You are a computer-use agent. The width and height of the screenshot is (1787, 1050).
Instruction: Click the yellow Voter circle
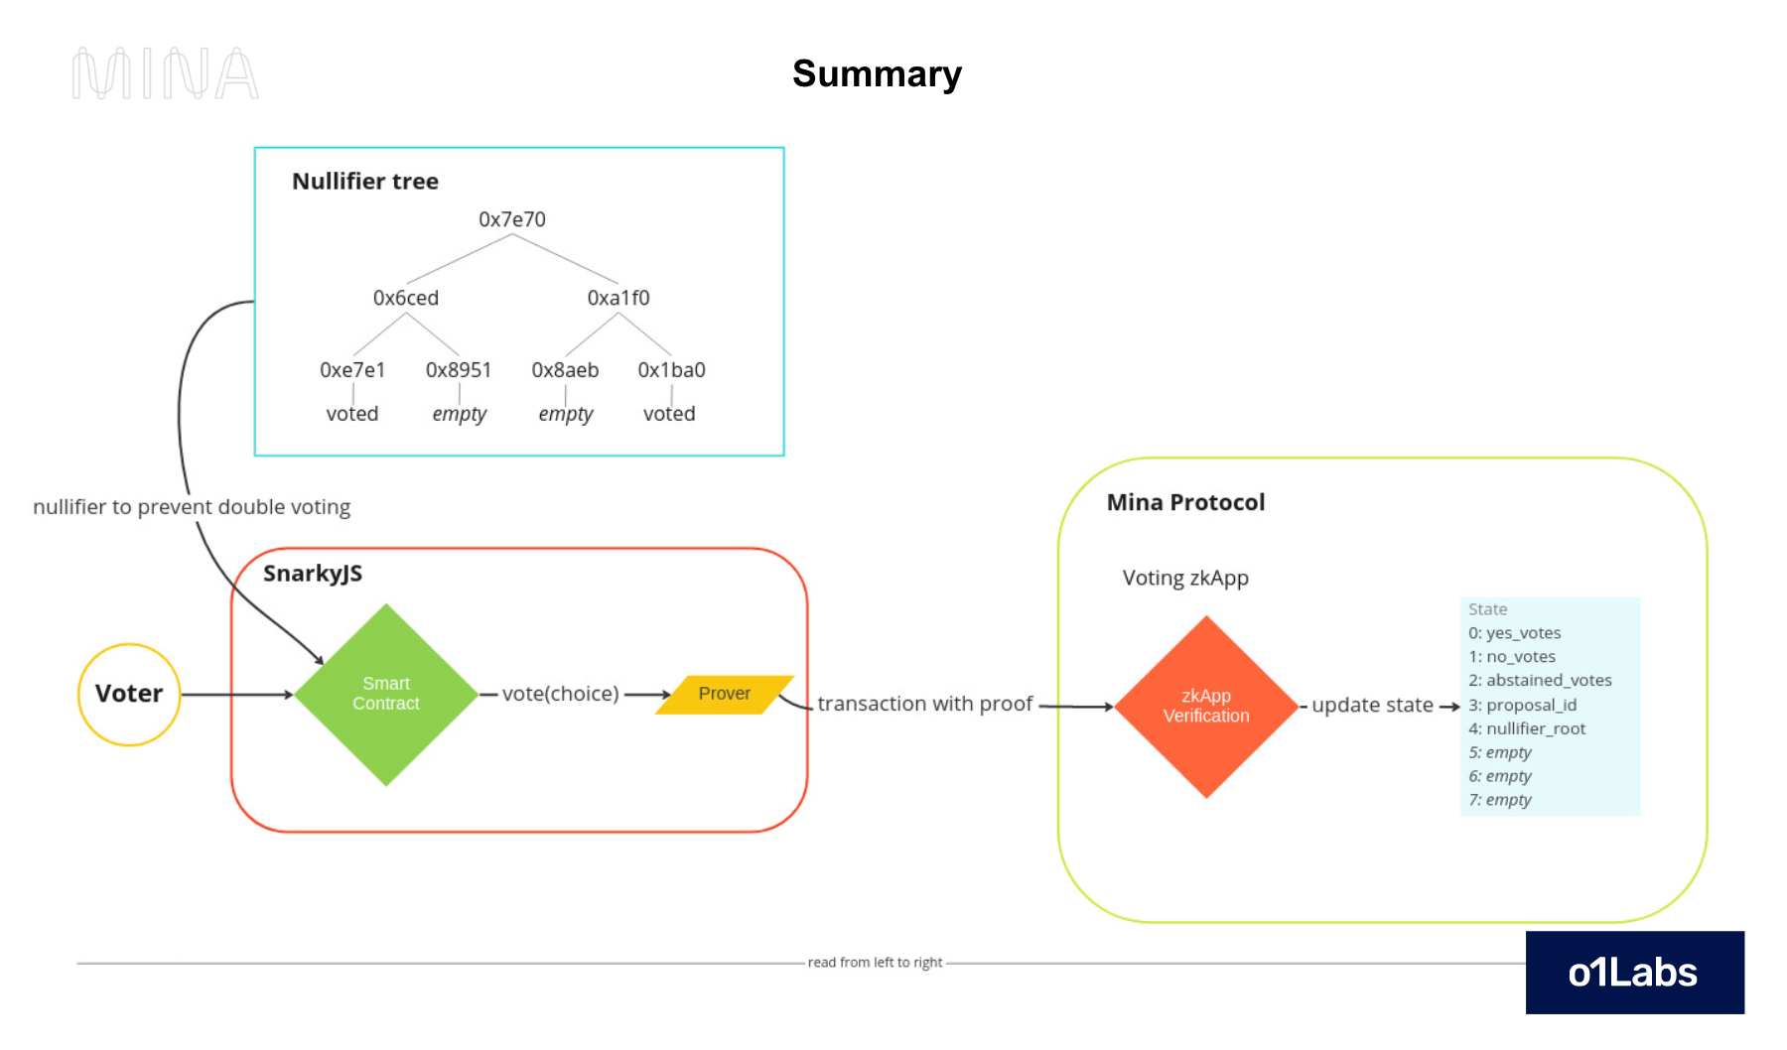[x=129, y=694]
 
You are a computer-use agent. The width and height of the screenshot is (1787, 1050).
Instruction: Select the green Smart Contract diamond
[x=386, y=694]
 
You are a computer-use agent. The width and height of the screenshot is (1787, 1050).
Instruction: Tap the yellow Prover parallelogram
[x=724, y=694]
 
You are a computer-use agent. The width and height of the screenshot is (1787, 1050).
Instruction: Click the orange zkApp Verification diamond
[x=1206, y=706]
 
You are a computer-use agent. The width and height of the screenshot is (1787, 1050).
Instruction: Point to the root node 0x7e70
[x=511, y=219]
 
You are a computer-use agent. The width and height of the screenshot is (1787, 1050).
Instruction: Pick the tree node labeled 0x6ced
[x=405, y=298]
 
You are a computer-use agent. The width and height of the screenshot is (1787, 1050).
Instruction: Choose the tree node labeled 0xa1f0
[x=618, y=298]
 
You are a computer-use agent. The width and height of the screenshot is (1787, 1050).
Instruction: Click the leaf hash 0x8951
[x=458, y=370]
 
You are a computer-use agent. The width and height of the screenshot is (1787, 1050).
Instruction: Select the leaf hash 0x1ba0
[x=671, y=370]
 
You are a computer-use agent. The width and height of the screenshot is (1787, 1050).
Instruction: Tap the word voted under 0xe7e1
[x=351, y=414]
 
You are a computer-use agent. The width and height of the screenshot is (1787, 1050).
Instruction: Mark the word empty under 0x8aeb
[x=565, y=414]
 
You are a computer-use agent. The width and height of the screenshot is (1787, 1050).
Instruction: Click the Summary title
[x=877, y=73]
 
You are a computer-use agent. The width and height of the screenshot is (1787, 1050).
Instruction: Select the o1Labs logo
[x=1634, y=973]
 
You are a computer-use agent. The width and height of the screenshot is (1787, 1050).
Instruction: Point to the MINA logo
[x=165, y=73]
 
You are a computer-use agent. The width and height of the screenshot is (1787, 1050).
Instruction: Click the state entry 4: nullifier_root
[x=1527, y=728]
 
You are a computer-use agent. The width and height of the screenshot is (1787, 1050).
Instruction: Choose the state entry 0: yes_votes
[x=1514, y=633]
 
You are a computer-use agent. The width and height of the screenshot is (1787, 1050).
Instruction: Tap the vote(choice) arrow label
[x=560, y=694]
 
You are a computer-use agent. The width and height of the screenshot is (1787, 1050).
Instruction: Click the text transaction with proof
[x=924, y=704]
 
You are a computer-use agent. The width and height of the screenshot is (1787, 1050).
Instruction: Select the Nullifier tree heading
[x=364, y=182]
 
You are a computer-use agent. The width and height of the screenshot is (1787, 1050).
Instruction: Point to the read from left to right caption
[x=875, y=963]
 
